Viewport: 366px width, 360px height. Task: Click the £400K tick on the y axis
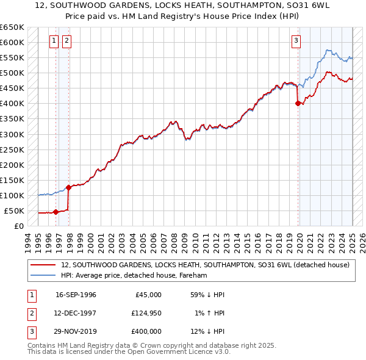[12, 104]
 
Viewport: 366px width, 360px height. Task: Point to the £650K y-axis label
[12, 27]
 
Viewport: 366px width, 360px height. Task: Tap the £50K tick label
[13, 211]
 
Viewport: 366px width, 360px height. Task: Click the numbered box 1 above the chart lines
[54, 41]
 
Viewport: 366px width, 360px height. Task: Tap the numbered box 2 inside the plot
[66, 41]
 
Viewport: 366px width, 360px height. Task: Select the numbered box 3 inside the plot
[296, 41]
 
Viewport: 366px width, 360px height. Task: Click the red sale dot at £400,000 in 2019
[298, 104]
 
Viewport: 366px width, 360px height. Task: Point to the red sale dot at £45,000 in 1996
[56, 212]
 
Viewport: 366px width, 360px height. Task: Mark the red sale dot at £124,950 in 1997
[69, 187]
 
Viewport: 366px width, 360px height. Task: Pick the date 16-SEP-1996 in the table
[76, 295]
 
